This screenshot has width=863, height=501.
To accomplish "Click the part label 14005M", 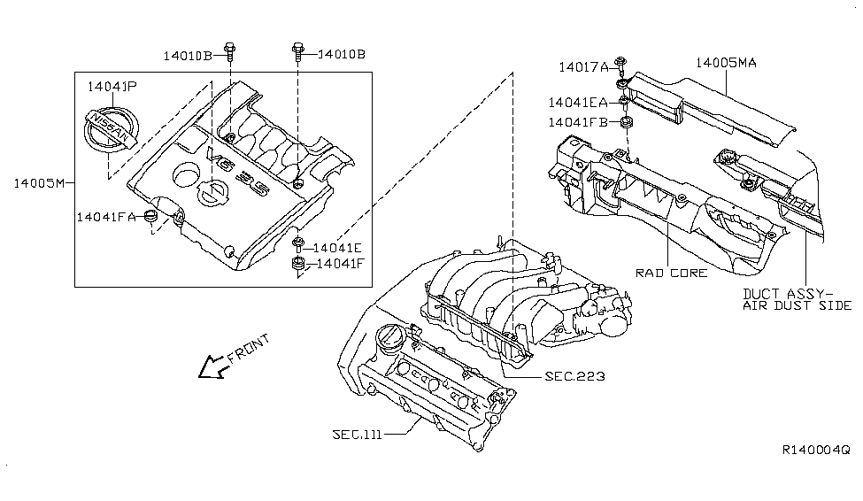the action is pos(39,183).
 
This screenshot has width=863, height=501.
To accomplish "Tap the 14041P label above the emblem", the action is pos(112,87).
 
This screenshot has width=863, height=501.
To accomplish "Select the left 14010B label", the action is pos(187,56).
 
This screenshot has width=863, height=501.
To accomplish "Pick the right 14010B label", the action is pos(342,54).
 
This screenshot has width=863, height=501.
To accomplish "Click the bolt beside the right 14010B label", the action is pos(297,52).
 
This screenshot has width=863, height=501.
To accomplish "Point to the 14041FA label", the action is pos(105,217).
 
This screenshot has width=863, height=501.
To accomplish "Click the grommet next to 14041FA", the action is pos(151,216).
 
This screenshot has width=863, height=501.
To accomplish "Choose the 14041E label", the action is pos(337,248).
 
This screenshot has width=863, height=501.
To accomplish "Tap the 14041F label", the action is pos(341,263).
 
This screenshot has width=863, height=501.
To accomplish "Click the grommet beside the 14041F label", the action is pos(298,264).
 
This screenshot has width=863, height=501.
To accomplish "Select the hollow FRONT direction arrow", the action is pos(212,366).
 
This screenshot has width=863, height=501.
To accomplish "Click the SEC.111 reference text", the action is pos(358,435).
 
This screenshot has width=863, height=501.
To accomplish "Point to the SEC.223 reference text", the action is pos(574,376).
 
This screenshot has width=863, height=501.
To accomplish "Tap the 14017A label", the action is pos(583,67).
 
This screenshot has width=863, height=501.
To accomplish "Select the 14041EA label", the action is pos(578,103).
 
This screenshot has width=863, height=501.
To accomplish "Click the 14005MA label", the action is pos(726,63).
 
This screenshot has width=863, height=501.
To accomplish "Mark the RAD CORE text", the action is pos(672,274).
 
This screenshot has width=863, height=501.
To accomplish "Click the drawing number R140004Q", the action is pos(816,451).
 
